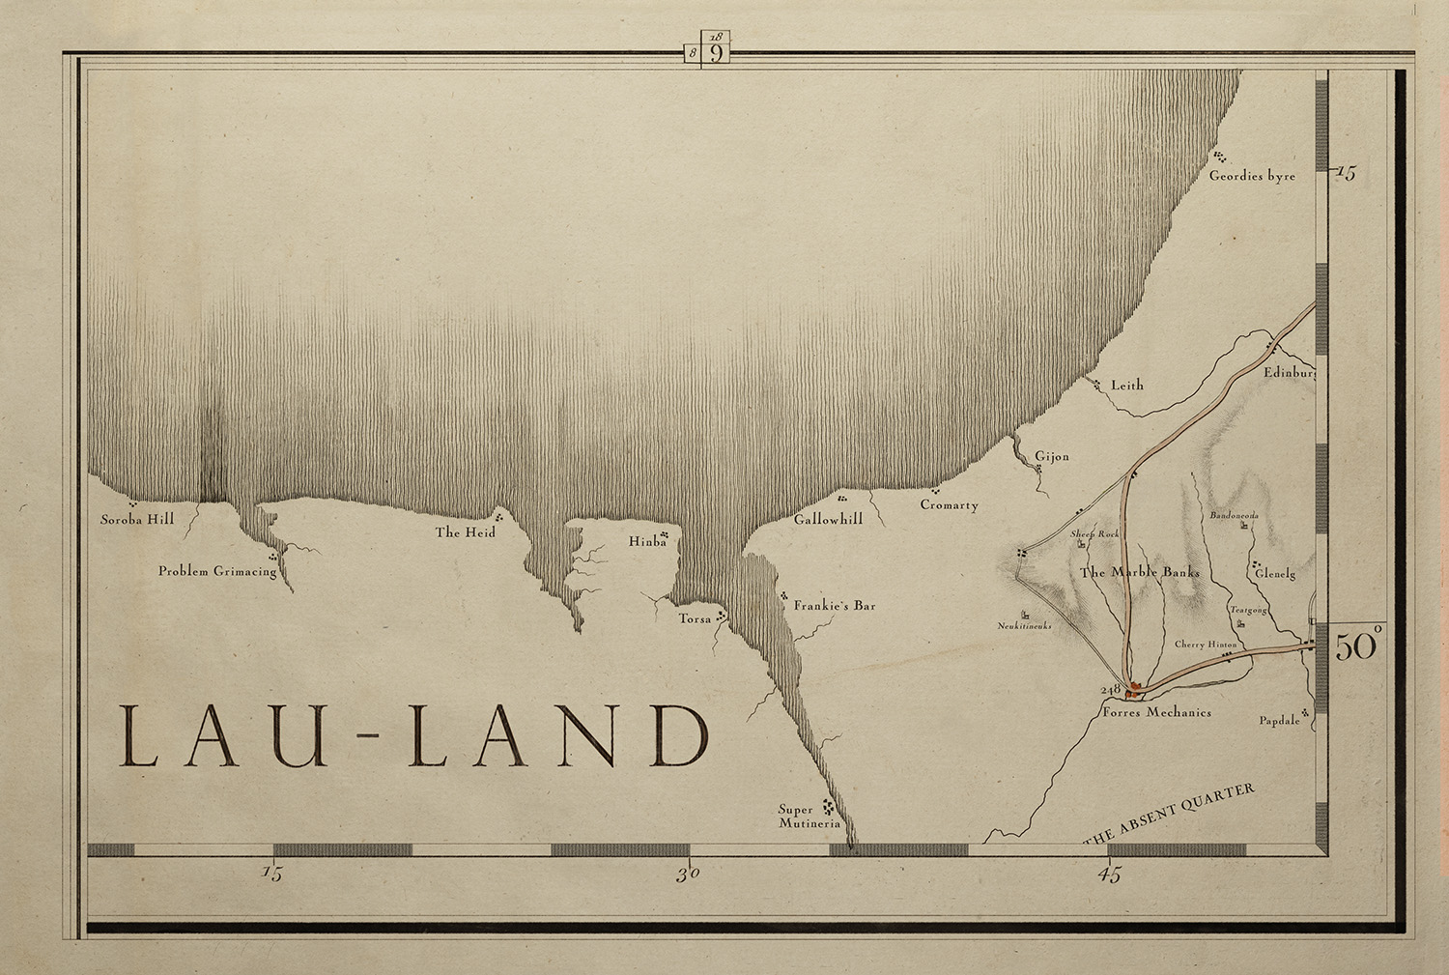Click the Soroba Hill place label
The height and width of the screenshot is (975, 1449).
[137, 520]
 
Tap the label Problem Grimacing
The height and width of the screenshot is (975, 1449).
[217, 571]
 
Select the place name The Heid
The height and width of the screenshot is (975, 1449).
[465, 532]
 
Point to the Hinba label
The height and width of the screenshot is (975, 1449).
[647, 542]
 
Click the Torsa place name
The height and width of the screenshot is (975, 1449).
[695, 618]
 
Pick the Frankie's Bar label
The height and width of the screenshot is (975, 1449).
[835, 606]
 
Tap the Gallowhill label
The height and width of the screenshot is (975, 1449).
[828, 519]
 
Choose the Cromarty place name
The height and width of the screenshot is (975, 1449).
[949, 505]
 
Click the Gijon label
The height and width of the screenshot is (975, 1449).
[1052, 456]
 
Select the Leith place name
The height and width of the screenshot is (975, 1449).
[1126, 385]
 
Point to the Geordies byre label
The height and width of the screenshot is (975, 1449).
[1252, 176]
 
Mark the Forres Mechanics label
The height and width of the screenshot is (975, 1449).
[1156, 712]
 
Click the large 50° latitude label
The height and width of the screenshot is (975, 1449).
[1357, 645]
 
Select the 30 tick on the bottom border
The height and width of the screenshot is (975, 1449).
[687, 875]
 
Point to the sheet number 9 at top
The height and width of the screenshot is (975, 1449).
[716, 52]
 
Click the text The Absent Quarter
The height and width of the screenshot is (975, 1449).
[1170, 815]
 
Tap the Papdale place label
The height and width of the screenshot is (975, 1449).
[1279, 721]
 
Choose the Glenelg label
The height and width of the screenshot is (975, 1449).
[1274, 573]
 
